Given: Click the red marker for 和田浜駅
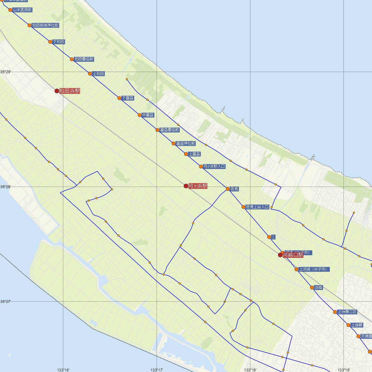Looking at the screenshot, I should [x=57, y=91].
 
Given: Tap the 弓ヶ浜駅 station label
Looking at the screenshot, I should [x=198, y=186].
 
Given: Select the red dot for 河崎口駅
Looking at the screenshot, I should [x=280, y=255].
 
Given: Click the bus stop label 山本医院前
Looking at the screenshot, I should [x=22, y=10].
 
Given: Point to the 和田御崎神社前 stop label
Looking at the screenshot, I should [x=45, y=25].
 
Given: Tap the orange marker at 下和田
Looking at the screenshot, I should [x=50, y=42].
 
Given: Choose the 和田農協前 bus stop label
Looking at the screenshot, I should [x=84, y=59].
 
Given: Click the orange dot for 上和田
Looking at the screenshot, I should [x=90, y=74].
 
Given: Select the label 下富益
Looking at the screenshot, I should [x=128, y=98].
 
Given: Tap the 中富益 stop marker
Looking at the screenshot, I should [x=139, y=115].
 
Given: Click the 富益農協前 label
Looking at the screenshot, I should [x=169, y=130].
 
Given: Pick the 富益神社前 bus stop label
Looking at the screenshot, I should [x=185, y=144].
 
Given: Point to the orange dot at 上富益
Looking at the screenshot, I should [x=186, y=154].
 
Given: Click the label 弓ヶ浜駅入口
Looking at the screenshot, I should [x=214, y=166].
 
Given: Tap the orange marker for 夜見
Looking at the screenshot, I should [x=228, y=189].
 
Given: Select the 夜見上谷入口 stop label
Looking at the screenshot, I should [x=257, y=207].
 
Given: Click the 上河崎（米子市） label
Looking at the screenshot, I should [x=314, y=269].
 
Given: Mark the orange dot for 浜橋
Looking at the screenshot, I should [x=312, y=287].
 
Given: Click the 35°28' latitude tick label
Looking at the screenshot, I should [x=5, y=187].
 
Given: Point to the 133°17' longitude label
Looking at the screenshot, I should [x=157, y=370].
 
